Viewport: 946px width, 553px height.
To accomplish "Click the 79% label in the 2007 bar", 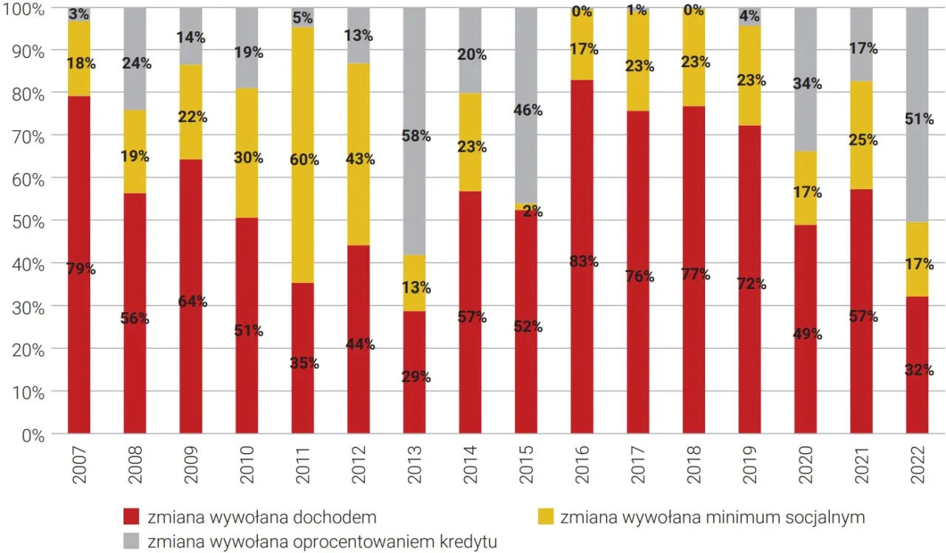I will pos(79,269).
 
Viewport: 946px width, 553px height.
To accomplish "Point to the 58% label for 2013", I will pos(415,136).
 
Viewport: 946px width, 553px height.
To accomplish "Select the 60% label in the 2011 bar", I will pos(302,159).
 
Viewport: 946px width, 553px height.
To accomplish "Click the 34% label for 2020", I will pos(806,84).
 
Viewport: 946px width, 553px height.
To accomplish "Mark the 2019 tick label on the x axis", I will pos(750,464).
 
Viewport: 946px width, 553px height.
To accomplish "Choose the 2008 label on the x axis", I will pos(135,464).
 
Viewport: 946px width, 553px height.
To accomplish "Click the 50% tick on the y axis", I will pos(28,221).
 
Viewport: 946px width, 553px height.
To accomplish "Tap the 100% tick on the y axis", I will pos(25,9).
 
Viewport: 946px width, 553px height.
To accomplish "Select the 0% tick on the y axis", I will pos(33,434).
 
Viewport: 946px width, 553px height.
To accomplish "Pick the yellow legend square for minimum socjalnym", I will pos(545,517).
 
